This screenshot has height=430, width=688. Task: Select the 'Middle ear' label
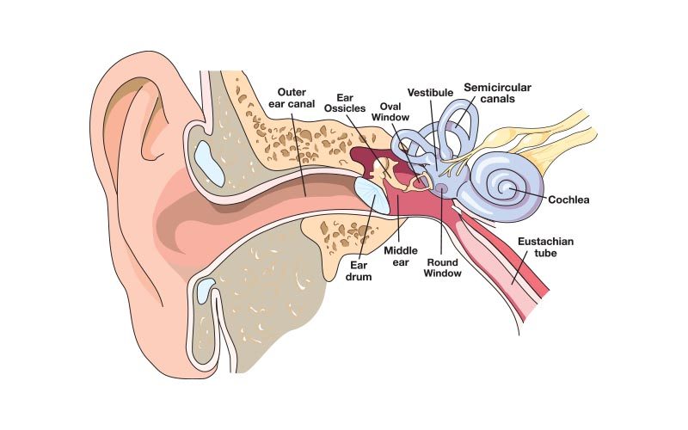(401, 255)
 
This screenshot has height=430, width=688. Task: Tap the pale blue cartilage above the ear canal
(208, 158)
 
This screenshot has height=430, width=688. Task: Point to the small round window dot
(441, 187)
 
